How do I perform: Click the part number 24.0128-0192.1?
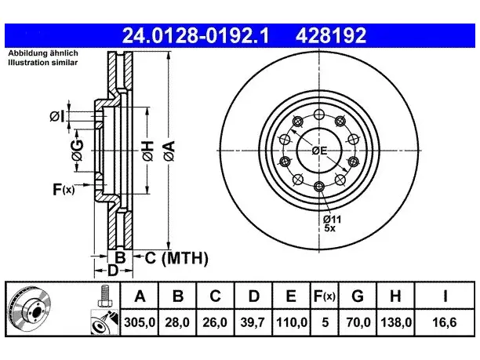tap(195, 35)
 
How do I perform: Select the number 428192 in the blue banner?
tap(331, 35)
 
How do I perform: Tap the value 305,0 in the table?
tap(140, 322)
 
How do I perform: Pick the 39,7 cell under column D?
tap(253, 322)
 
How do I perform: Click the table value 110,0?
tap(292, 322)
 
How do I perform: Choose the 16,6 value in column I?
tap(444, 322)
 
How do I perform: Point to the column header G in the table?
tap(358, 296)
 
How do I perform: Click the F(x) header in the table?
tap(325, 296)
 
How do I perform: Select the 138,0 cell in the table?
tap(396, 322)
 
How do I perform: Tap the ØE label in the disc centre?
tap(319, 151)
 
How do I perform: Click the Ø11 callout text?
tap(332, 219)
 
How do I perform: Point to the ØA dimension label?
tap(169, 151)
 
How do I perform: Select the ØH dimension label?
tap(148, 151)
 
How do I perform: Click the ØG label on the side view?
tap(77, 150)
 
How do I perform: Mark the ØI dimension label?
tap(57, 117)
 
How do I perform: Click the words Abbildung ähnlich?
tap(43, 53)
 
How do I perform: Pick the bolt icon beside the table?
tap(105, 296)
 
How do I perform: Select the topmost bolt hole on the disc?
tap(319, 115)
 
